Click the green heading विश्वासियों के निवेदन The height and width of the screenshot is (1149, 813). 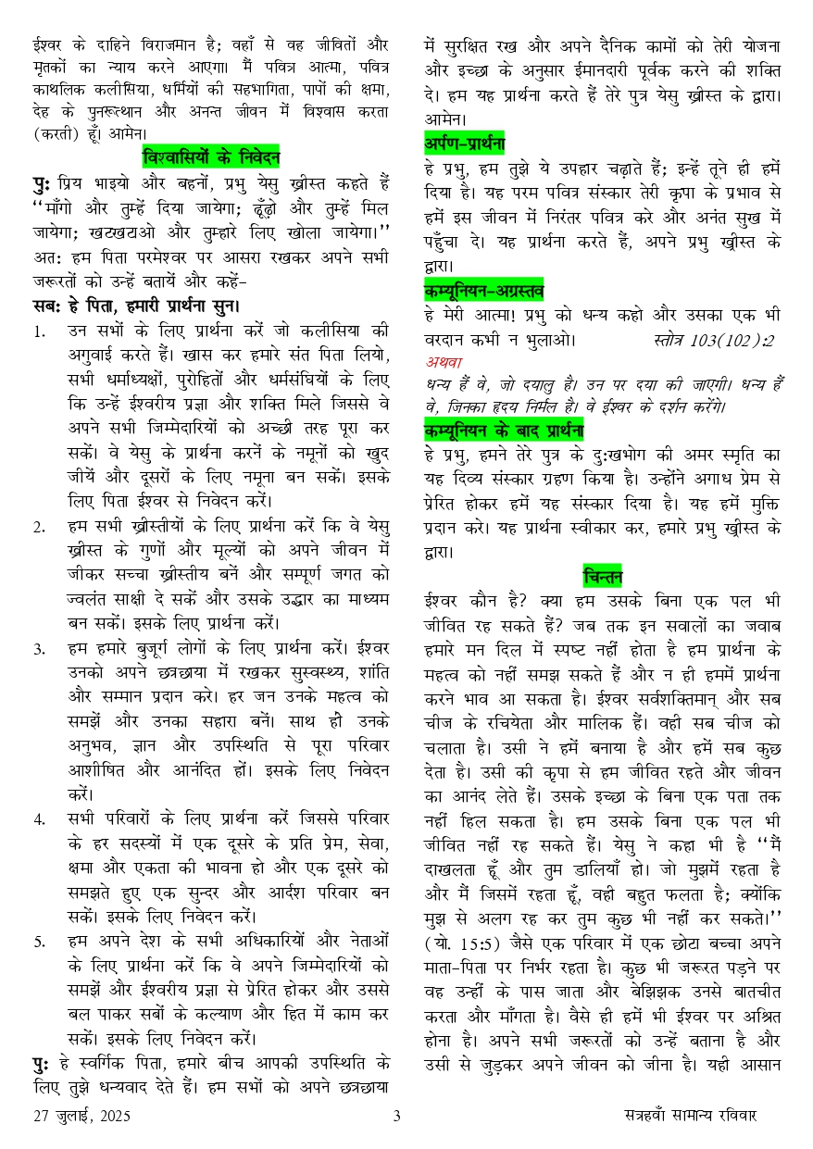coord(211,156)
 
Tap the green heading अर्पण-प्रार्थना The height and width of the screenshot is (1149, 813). coord(464,144)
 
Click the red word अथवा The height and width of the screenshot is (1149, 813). coord(444,362)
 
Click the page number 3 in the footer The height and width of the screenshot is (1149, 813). coord(397,1116)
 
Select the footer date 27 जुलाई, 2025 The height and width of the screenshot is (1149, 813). coord(78,1116)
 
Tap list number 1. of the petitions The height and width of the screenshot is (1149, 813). coord(37,331)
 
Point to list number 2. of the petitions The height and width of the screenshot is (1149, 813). coord(38,528)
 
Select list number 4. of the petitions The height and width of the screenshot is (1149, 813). coord(38,818)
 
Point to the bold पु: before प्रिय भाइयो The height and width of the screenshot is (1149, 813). coord(41,182)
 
